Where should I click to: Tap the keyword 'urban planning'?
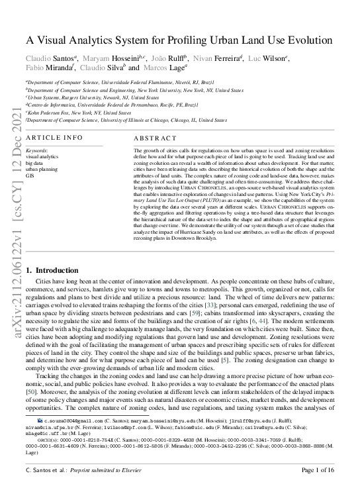click(42, 168)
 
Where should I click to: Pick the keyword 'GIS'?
click(30, 175)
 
